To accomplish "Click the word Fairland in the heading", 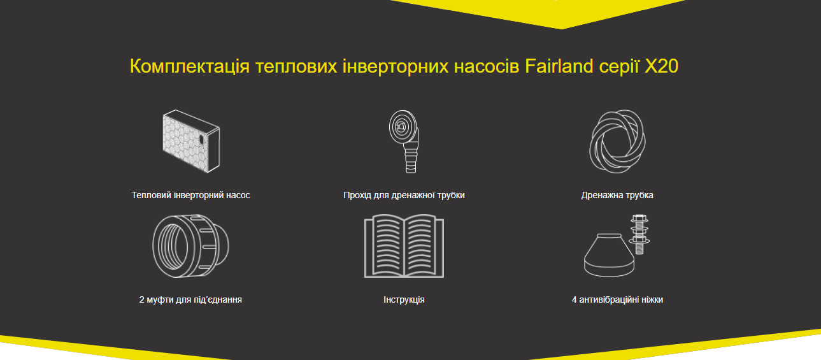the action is click(x=559, y=66).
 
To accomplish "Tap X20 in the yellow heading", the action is click(x=661, y=66).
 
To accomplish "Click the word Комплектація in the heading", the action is click(x=190, y=67).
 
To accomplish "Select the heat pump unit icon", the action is click(x=191, y=141).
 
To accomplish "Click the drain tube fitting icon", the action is click(x=404, y=141).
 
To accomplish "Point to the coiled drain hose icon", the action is click(x=617, y=141).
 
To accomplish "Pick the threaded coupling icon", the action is click(x=190, y=246).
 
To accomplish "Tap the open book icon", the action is click(x=404, y=246).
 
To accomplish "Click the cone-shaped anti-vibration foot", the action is click(x=609, y=256).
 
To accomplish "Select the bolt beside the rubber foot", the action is click(x=639, y=234).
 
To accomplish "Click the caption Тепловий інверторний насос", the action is click(x=190, y=195).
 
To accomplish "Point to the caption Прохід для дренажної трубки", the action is click(x=404, y=195).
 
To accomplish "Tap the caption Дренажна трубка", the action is click(x=617, y=195).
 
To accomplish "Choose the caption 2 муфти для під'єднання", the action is click(x=190, y=299).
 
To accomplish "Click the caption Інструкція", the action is click(x=404, y=299).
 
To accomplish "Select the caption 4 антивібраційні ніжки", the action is click(x=617, y=299).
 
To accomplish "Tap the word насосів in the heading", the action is click(x=487, y=67).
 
